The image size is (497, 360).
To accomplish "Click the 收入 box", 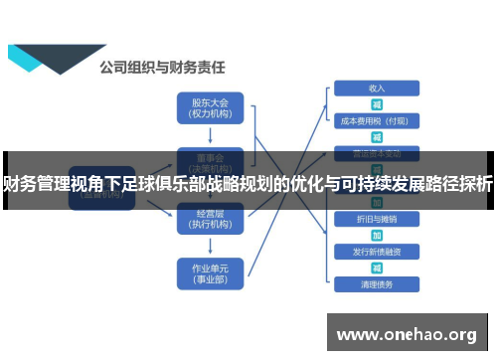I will click(377, 88).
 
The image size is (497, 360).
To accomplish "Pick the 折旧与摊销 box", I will click(377, 218).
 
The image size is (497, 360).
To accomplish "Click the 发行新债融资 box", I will click(377, 251).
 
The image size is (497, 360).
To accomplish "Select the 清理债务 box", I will click(377, 284).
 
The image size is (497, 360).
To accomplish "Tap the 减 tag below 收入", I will click(377, 103).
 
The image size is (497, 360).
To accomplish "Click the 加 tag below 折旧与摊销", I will click(377, 235).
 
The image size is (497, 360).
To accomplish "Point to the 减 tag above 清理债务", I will click(377, 268).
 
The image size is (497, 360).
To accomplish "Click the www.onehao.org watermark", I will click(409, 334).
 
